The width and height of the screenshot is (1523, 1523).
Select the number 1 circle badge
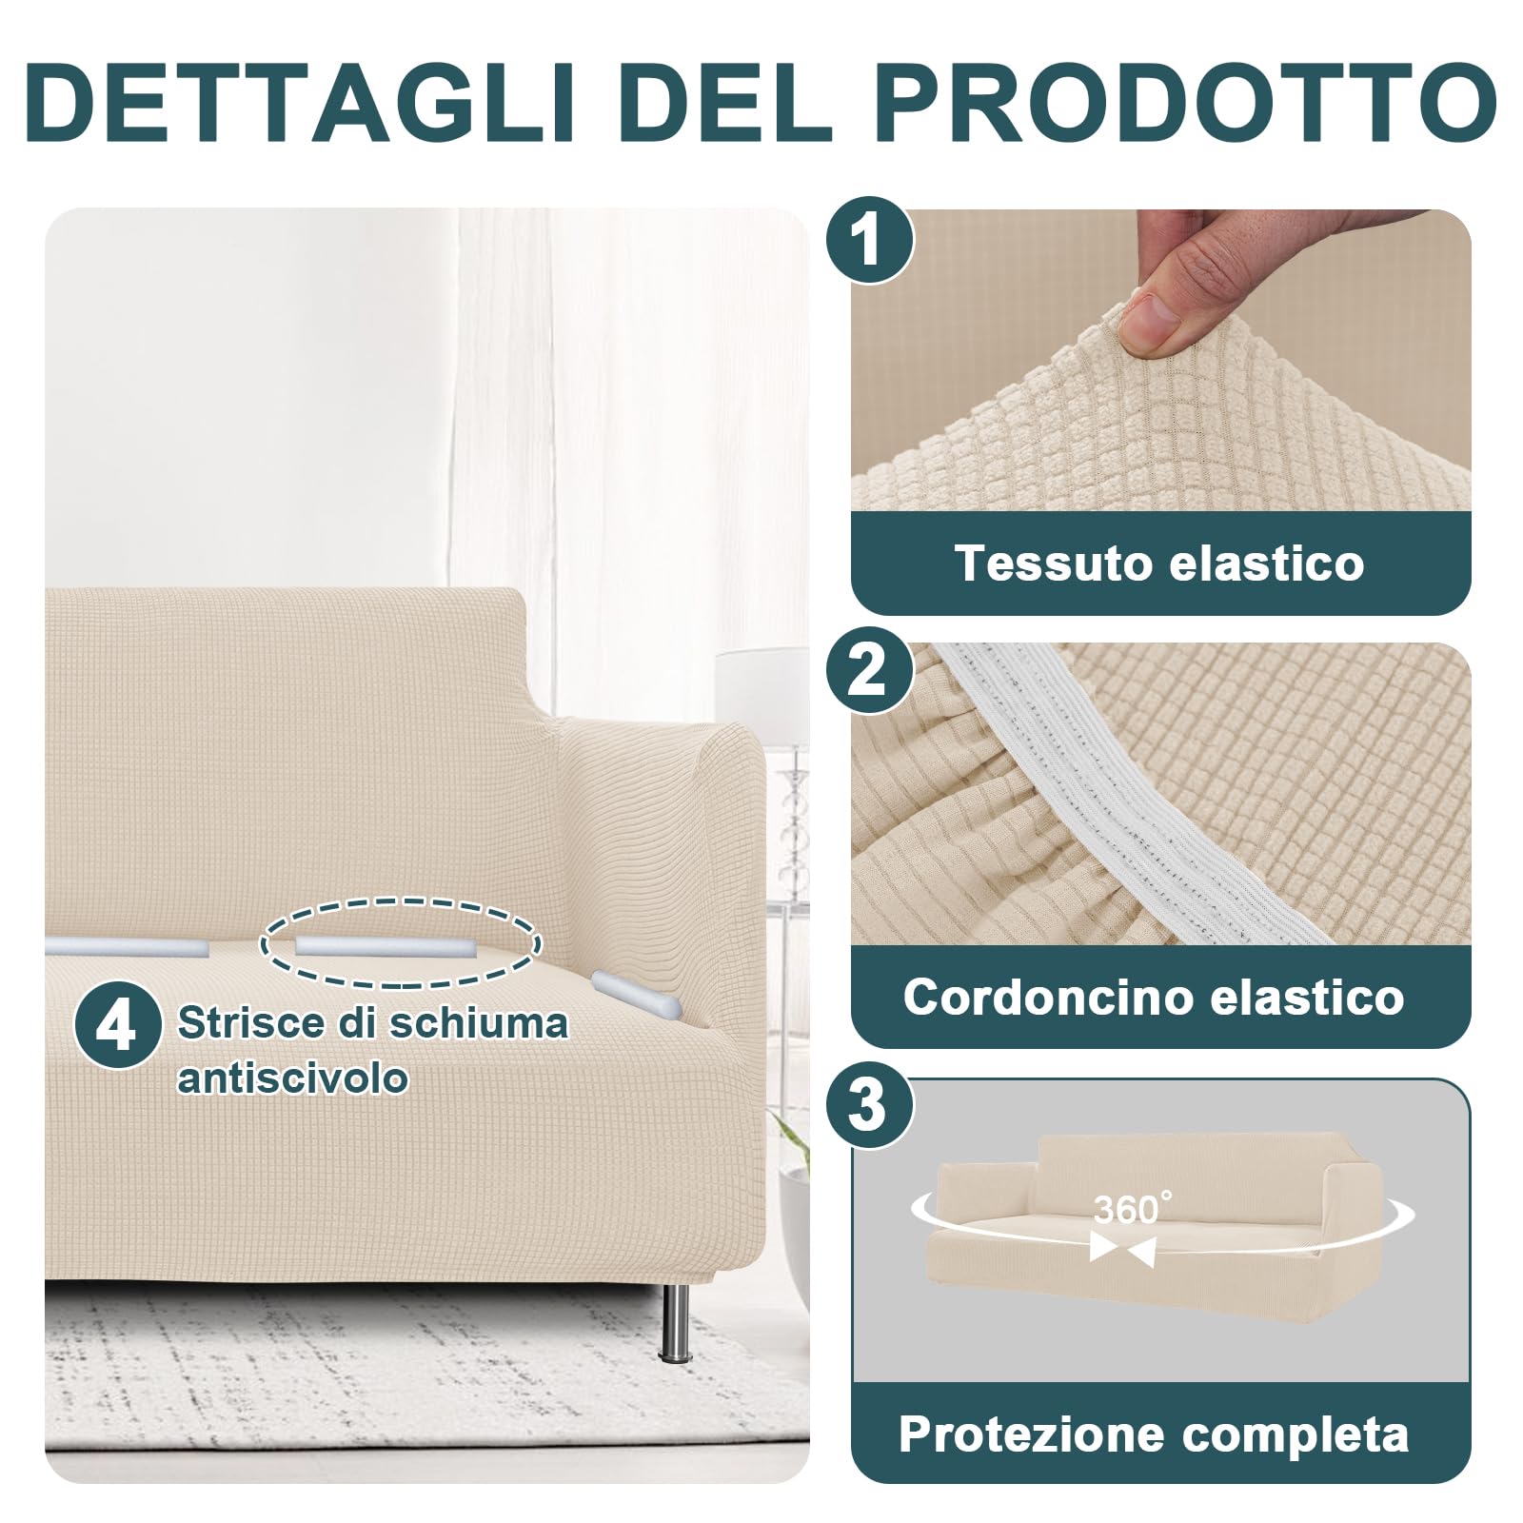click(866, 240)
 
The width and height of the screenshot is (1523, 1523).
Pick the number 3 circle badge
click(866, 1105)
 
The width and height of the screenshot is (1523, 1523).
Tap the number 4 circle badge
click(116, 1026)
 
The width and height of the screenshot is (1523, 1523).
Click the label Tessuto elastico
click(1159, 562)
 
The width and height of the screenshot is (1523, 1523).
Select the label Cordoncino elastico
click(1154, 997)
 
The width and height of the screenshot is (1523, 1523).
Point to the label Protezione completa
click(1154, 1434)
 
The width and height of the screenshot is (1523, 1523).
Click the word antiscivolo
click(292, 1078)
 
